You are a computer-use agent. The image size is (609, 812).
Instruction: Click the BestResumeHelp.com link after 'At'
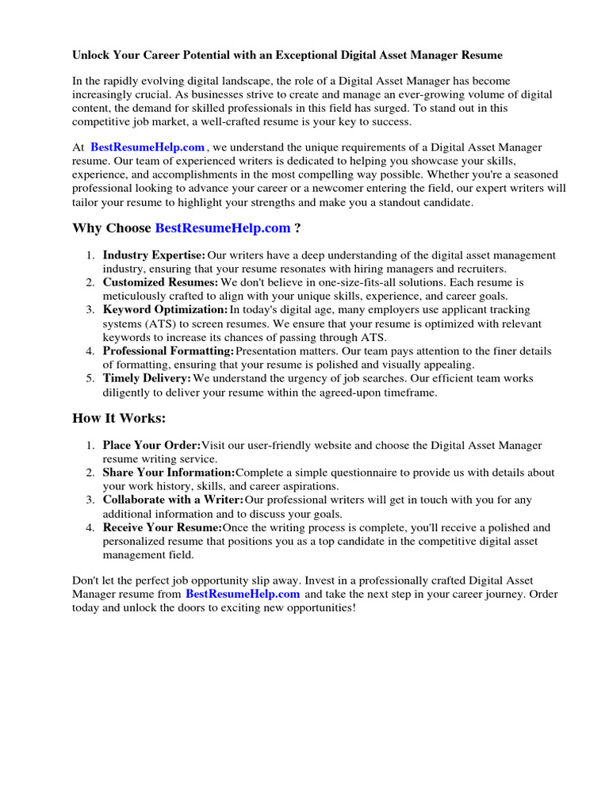[x=147, y=147]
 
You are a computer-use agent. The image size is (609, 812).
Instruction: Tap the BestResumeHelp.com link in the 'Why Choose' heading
[x=223, y=228]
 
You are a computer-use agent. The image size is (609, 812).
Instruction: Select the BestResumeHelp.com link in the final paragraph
[x=243, y=593]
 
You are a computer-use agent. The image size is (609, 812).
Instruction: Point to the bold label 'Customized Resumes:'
[x=160, y=282]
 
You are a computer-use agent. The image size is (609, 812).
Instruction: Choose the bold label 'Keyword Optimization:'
[x=165, y=310]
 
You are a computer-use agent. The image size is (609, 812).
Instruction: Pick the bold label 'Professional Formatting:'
[x=168, y=351]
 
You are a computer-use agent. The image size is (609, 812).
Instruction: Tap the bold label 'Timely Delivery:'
[x=147, y=379]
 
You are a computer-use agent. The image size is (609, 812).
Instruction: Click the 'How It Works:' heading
[x=120, y=418]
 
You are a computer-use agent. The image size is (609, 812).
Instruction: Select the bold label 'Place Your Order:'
[x=151, y=446]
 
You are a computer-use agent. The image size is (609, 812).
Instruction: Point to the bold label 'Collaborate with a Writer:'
[x=173, y=500]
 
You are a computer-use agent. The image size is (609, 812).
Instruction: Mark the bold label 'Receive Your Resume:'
[x=163, y=527]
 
